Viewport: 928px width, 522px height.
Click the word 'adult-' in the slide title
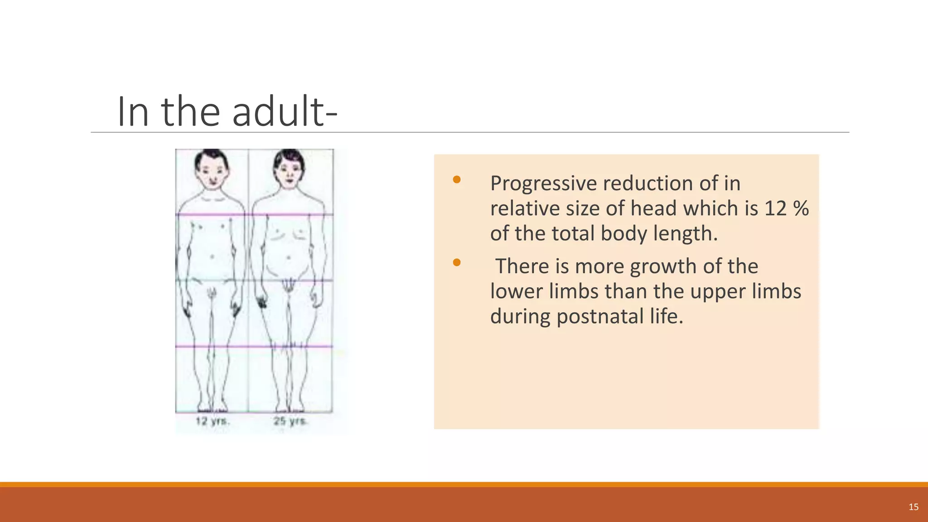tap(285, 111)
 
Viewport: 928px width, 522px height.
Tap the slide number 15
tap(913, 507)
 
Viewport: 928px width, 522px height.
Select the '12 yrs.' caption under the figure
tap(213, 421)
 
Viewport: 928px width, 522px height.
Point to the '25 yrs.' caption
tap(290, 421)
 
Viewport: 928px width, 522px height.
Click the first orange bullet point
tap(457, 180)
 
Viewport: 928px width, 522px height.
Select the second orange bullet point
tap(457, 262)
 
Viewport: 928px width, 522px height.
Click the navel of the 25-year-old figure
tap(289, 258)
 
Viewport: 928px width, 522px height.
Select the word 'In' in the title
tap(133, 111)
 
